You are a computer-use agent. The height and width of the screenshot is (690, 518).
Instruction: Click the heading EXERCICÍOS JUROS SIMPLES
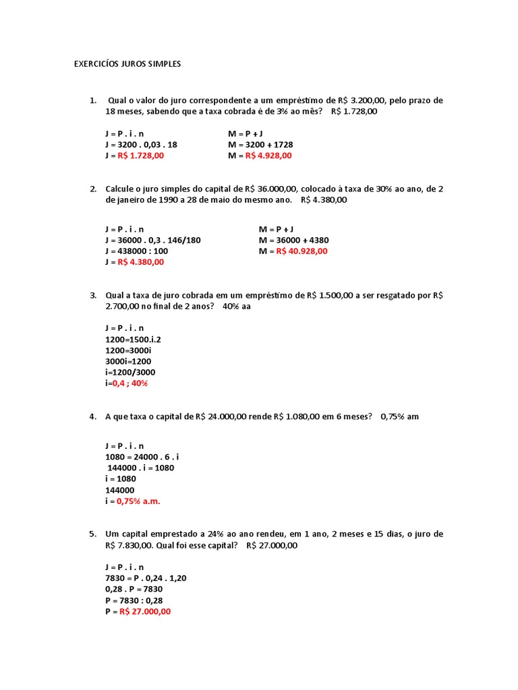point(127,64)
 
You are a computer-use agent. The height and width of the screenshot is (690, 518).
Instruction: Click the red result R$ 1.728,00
point(141,156)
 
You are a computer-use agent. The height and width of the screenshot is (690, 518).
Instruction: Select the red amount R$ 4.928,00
point(268,156)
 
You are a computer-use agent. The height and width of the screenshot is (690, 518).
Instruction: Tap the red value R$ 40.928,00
point(301,251)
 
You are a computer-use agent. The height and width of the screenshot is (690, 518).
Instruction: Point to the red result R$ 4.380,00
point(141,262)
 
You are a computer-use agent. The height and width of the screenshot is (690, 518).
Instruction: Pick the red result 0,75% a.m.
point(139,501)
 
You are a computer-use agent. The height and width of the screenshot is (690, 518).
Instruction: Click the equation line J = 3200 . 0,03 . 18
point(141,144)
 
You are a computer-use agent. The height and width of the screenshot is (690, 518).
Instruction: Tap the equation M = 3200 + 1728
point(260,144)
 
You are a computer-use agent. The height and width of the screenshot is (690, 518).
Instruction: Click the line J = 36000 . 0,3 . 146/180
point(152,240)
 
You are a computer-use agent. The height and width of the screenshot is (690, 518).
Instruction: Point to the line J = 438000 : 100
point(136,251)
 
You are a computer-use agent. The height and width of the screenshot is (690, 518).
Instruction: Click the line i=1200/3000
point(129,372)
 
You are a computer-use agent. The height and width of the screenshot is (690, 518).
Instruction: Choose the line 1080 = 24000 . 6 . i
point(142,457)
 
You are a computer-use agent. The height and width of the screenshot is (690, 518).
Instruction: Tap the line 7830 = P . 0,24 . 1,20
point(145,578)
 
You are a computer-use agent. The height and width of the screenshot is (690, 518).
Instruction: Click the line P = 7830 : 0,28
point(134,600)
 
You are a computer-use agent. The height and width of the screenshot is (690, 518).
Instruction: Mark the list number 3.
point(93,295)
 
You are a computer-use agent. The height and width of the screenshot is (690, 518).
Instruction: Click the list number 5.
point(93,534)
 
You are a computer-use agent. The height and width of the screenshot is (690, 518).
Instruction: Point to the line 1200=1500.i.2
point(133,339)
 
